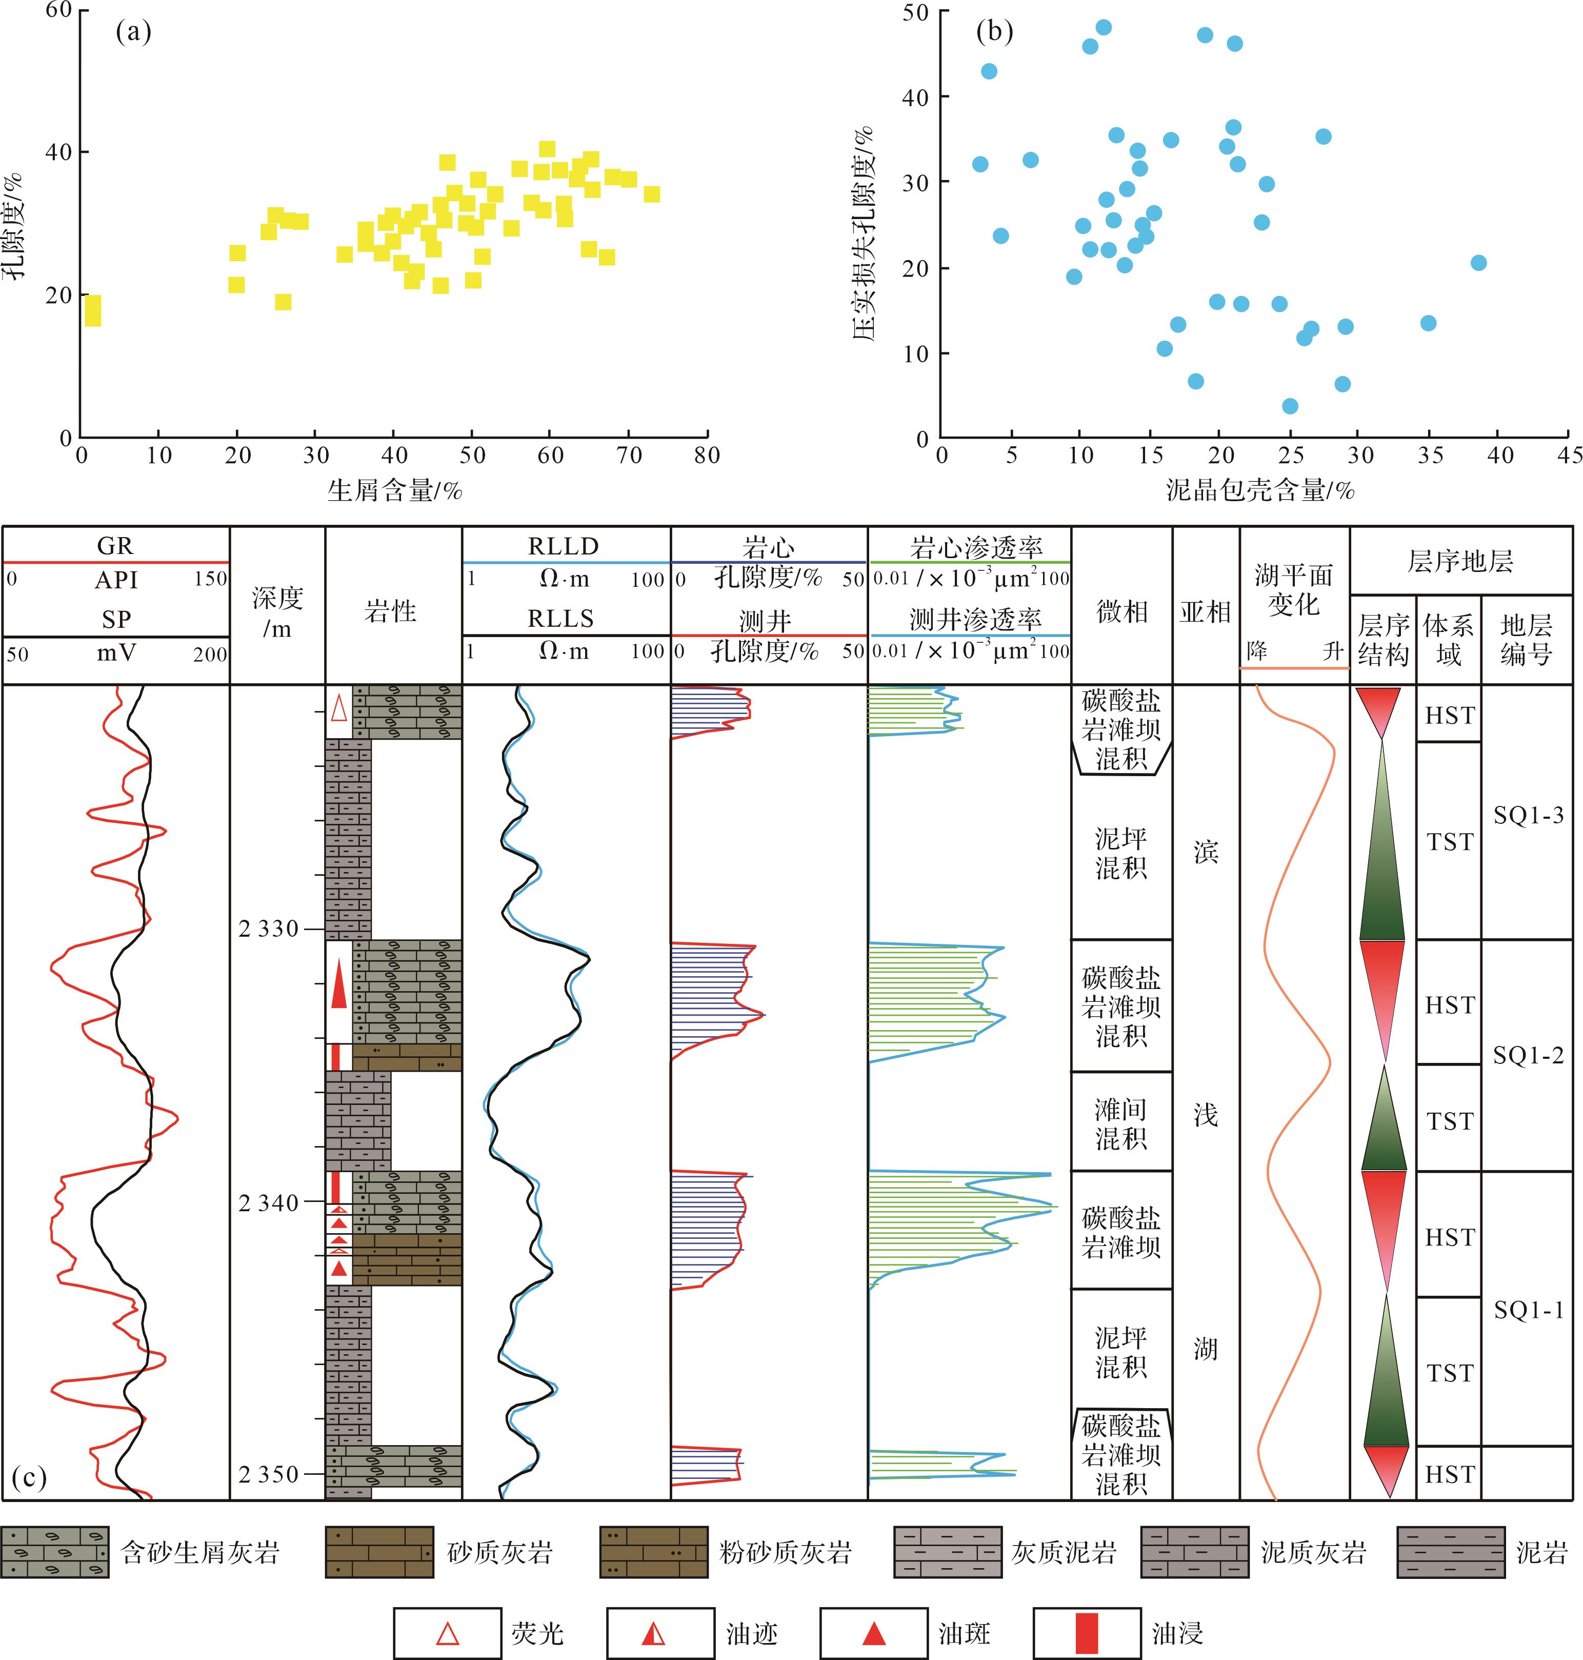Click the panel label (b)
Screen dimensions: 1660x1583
point(994,32)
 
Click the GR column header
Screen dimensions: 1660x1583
point(115,546)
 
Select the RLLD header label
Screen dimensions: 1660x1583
point(563,546)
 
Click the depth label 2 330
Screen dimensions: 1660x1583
point(268,929)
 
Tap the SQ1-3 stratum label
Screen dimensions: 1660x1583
point(1528,815)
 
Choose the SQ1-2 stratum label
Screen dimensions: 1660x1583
point(1528,1055)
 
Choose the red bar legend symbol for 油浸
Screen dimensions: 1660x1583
point(1087,1633)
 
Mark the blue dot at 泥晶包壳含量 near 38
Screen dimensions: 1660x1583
point(1477,263)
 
